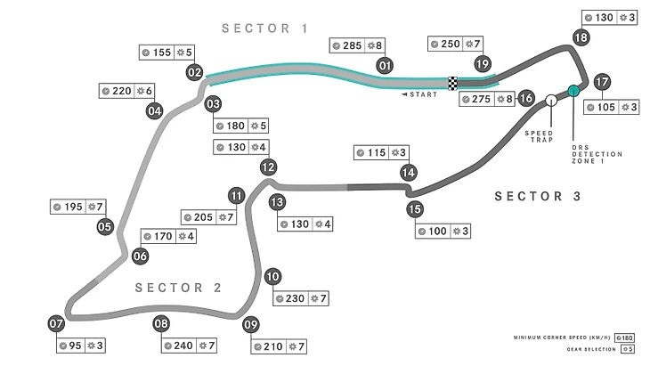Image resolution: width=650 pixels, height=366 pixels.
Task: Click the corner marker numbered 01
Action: (386, 65)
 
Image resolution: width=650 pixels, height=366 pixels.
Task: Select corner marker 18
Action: (581, 37)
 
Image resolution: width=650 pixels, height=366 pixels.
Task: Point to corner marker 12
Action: (266, 167)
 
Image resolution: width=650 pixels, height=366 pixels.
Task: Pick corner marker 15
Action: (414, 210)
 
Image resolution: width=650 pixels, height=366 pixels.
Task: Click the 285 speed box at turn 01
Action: (346, 45)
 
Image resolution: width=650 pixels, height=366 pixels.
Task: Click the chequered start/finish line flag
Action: (452, 84)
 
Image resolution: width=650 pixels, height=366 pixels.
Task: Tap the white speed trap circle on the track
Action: (552, 100)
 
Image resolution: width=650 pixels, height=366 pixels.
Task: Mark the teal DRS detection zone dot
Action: (573, 91)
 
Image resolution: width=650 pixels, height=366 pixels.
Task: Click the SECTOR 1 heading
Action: (264, 28)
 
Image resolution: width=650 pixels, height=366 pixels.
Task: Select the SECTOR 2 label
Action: (178, 287)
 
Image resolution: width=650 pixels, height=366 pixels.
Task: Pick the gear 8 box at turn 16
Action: (505, 99)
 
